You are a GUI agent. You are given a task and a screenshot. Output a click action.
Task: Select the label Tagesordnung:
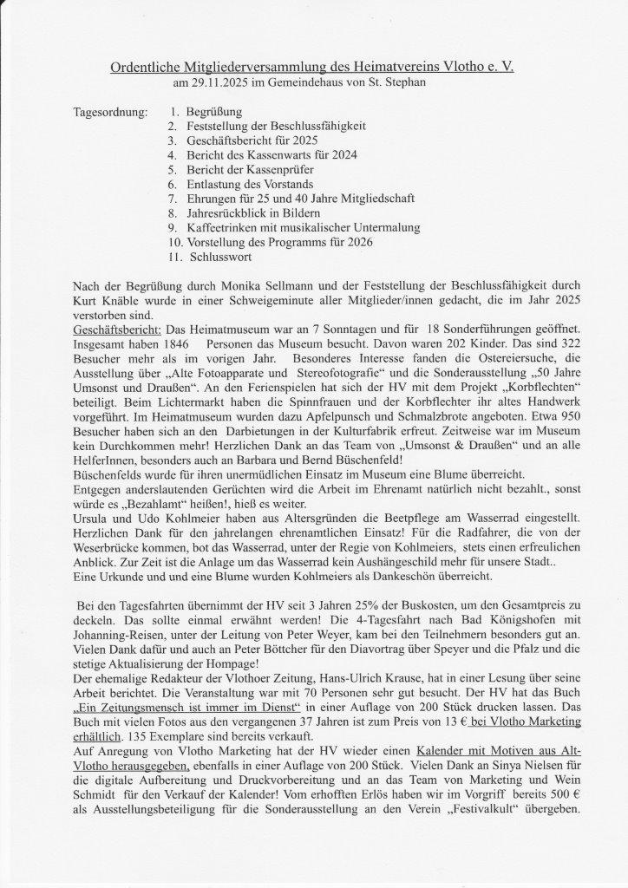pos(111,113)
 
